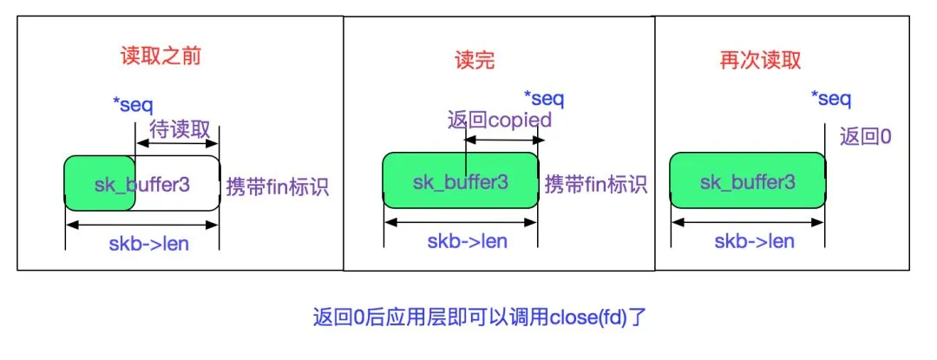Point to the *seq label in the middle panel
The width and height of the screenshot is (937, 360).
point(545,97)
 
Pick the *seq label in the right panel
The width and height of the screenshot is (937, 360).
point(830,99)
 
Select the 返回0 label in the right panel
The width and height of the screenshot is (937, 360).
point(866,136)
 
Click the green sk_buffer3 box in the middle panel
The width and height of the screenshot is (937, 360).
point(460,180)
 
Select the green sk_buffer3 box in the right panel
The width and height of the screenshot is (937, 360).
point(748,180)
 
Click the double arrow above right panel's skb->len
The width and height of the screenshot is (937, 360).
point(749,222)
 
